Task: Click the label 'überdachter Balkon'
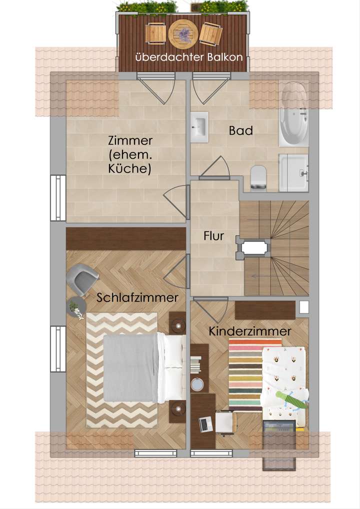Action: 189,57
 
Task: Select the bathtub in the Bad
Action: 293,114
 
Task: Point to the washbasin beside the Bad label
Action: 200,127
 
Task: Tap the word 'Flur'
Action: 213,236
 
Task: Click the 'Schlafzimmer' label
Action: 137,297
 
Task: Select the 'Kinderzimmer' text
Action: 250,331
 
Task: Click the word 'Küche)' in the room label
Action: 129,169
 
